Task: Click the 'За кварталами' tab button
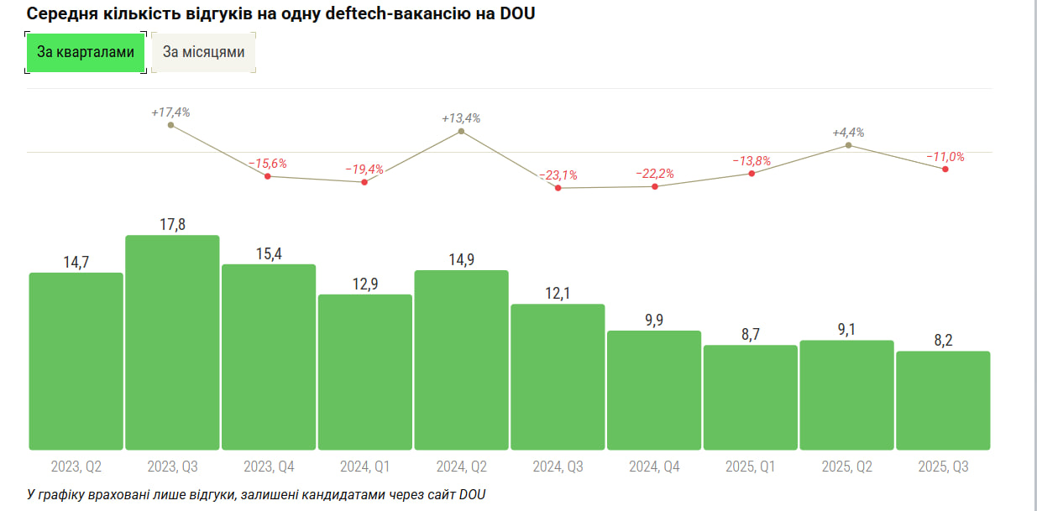86,53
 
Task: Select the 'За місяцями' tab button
204,53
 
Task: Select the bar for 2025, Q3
943,400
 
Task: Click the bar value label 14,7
76,263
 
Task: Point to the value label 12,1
558,294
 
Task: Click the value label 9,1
846,330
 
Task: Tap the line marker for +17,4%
171,125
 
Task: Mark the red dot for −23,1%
558,188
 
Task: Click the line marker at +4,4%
848,145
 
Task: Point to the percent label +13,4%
461,118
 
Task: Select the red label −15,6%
268,164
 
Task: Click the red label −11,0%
945,157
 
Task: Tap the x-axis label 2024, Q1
364,467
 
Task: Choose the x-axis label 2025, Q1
750,467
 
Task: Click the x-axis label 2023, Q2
76,467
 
